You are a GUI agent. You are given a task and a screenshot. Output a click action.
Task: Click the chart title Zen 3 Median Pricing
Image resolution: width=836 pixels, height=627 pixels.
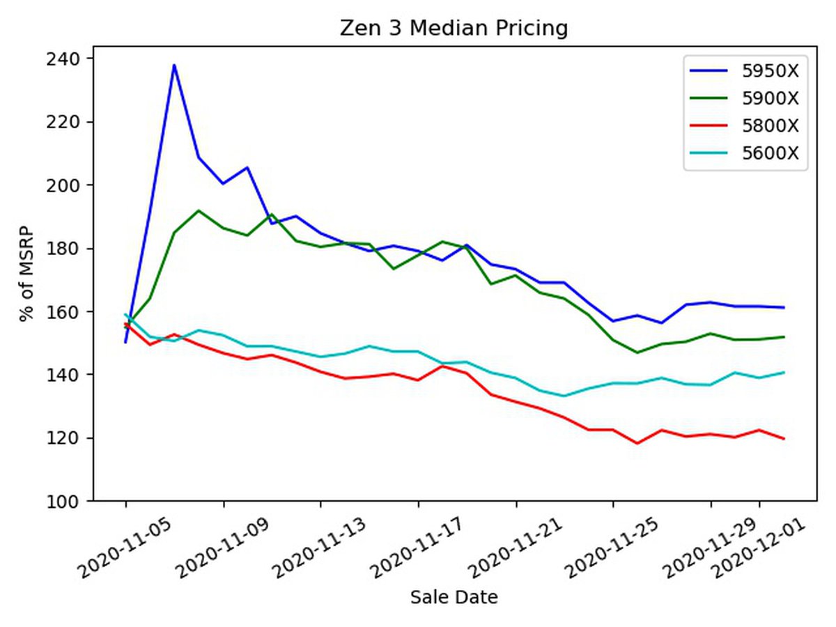[x=454, y=29]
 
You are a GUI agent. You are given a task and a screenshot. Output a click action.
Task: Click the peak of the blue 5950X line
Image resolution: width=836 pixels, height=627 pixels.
[x=174, y=65]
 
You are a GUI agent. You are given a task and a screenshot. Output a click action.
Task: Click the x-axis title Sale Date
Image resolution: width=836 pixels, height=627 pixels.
[x=454, y=597]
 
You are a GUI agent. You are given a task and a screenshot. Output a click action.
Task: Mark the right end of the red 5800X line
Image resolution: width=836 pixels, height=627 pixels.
[x=784, y=439]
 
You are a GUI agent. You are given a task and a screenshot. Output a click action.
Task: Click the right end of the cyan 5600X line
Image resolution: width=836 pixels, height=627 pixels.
[x=784, y=372]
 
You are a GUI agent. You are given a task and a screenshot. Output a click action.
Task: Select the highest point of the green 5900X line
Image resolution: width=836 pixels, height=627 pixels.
[x=199, y=210]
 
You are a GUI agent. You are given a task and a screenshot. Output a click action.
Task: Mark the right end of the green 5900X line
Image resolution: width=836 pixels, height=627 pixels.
[x=784, y=336]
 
